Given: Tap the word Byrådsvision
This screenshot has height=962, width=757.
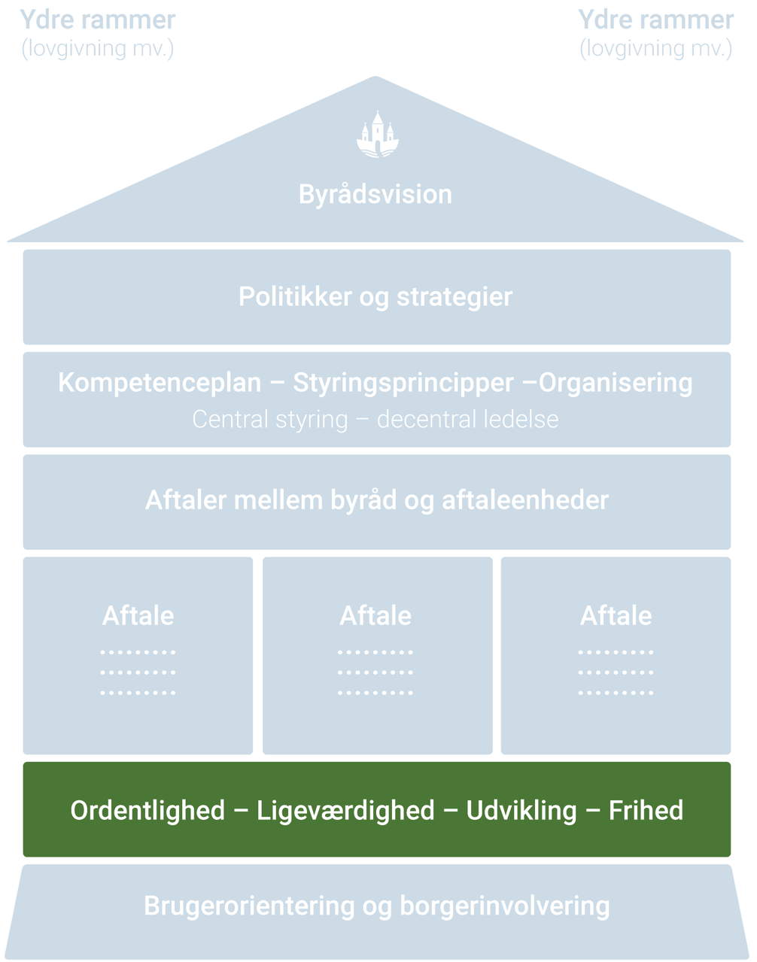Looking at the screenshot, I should pos(375,194).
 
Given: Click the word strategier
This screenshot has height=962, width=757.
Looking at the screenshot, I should pos(455,297).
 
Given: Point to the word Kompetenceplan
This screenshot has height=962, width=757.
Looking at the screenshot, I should pos(160,383).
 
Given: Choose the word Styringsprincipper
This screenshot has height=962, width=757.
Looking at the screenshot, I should pos(403,383).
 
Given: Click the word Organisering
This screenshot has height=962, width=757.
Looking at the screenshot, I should pos(616,383).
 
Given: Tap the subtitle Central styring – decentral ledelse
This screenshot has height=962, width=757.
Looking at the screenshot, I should pos(375,419).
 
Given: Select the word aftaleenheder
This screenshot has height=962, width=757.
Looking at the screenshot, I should pos(524,500).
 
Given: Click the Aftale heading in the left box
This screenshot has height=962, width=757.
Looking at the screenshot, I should pos(138,616).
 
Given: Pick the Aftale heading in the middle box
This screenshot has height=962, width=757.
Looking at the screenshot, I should pos(375,616).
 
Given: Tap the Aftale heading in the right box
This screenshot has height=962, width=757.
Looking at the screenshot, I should pos(616,616).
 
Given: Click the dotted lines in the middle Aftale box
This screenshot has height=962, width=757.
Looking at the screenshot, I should pos(375,672).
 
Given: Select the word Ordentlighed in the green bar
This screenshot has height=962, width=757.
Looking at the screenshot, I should pos(147,811).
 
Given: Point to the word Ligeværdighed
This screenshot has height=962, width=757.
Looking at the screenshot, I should pos(345,811).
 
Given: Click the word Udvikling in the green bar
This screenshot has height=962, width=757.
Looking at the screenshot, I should pos(521,811).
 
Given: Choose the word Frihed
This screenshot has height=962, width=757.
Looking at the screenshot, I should pos(646,811).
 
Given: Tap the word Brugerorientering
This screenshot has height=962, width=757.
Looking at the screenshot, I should pos(248,906).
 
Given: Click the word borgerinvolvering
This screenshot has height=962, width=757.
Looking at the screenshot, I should pos(504,906).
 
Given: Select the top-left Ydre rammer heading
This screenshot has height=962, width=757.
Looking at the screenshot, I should pos(98,20).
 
